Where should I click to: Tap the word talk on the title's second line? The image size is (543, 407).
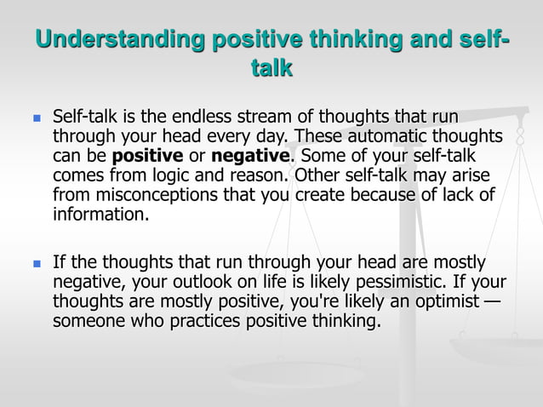click(x=271, y=69)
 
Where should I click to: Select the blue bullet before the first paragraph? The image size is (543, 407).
click(x=35, y=118)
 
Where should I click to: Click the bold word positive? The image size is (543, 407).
click(x=147, y=157)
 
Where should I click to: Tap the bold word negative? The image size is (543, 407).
click(x=251, y=157)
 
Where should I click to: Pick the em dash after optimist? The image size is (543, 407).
click(x=491, y=302)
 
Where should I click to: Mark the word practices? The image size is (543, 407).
click(x=203, y=322)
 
